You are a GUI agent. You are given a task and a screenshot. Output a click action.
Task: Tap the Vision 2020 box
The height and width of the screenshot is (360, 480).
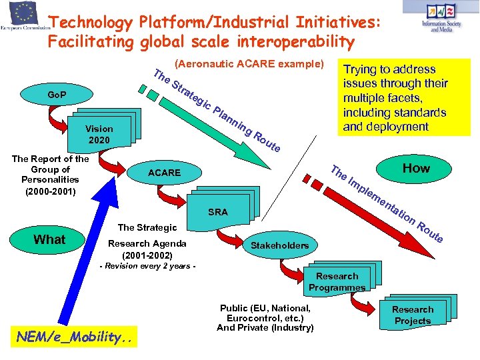(99, 134)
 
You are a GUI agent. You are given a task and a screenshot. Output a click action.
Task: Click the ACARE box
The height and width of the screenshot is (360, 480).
(165, 173)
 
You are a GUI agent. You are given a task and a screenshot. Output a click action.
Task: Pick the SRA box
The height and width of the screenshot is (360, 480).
(217, 212)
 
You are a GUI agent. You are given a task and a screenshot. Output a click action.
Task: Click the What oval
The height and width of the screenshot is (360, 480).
(49, 240)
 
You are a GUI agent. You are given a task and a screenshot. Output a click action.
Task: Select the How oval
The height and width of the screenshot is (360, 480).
(416, 168)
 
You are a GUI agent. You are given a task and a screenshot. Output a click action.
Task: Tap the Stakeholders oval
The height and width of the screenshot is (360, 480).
(279, 245)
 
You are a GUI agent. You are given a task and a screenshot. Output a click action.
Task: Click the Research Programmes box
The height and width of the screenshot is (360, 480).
(337, 281)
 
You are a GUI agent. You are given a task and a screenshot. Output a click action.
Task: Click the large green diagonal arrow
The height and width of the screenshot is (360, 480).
(227, 133)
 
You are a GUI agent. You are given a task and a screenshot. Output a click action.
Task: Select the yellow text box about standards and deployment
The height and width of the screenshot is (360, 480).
(404, 97)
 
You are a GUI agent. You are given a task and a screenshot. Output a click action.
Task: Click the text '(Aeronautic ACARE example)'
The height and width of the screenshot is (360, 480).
(248, 65)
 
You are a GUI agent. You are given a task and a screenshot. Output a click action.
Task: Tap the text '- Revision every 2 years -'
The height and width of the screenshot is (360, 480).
(147, 266)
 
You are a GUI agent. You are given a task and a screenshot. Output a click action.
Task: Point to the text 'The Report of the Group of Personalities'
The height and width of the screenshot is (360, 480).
(50, 175)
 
